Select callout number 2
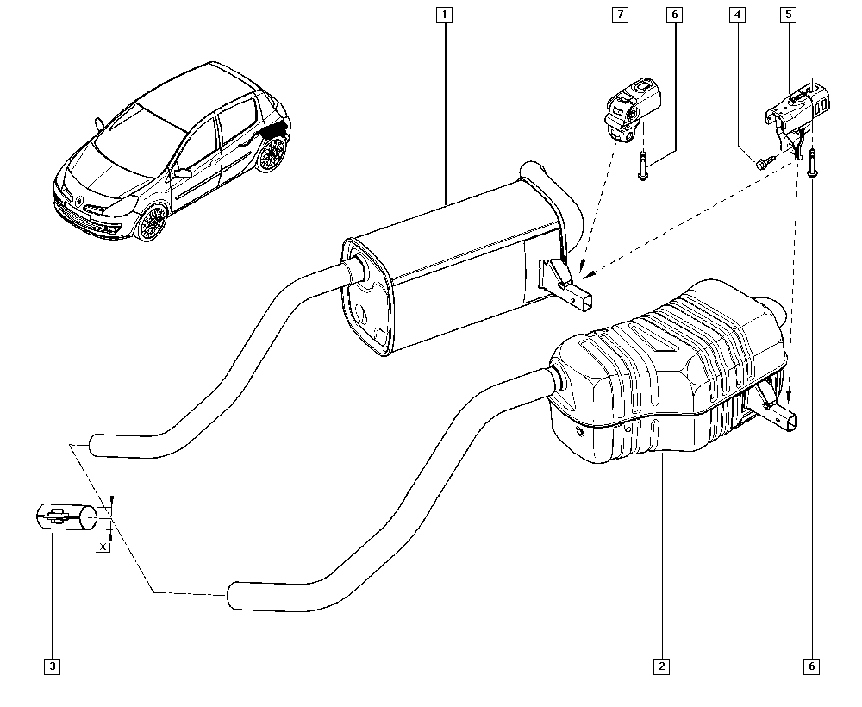[x=661, y=666]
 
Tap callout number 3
[x=52, y=666]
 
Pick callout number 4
[x=737, y=15]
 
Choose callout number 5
[x=789, y=15]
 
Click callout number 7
[x=621, y=15]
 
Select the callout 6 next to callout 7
[x=673, y=15]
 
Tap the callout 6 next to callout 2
[x=812, y=666]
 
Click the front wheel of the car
[x=153, y=222]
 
